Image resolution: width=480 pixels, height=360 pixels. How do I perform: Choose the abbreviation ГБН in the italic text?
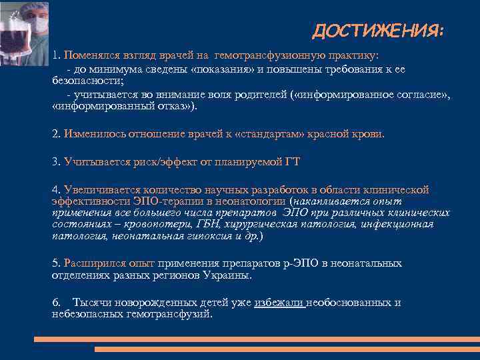pos(213,224)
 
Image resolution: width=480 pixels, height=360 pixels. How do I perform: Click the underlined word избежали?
pos(279,303)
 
